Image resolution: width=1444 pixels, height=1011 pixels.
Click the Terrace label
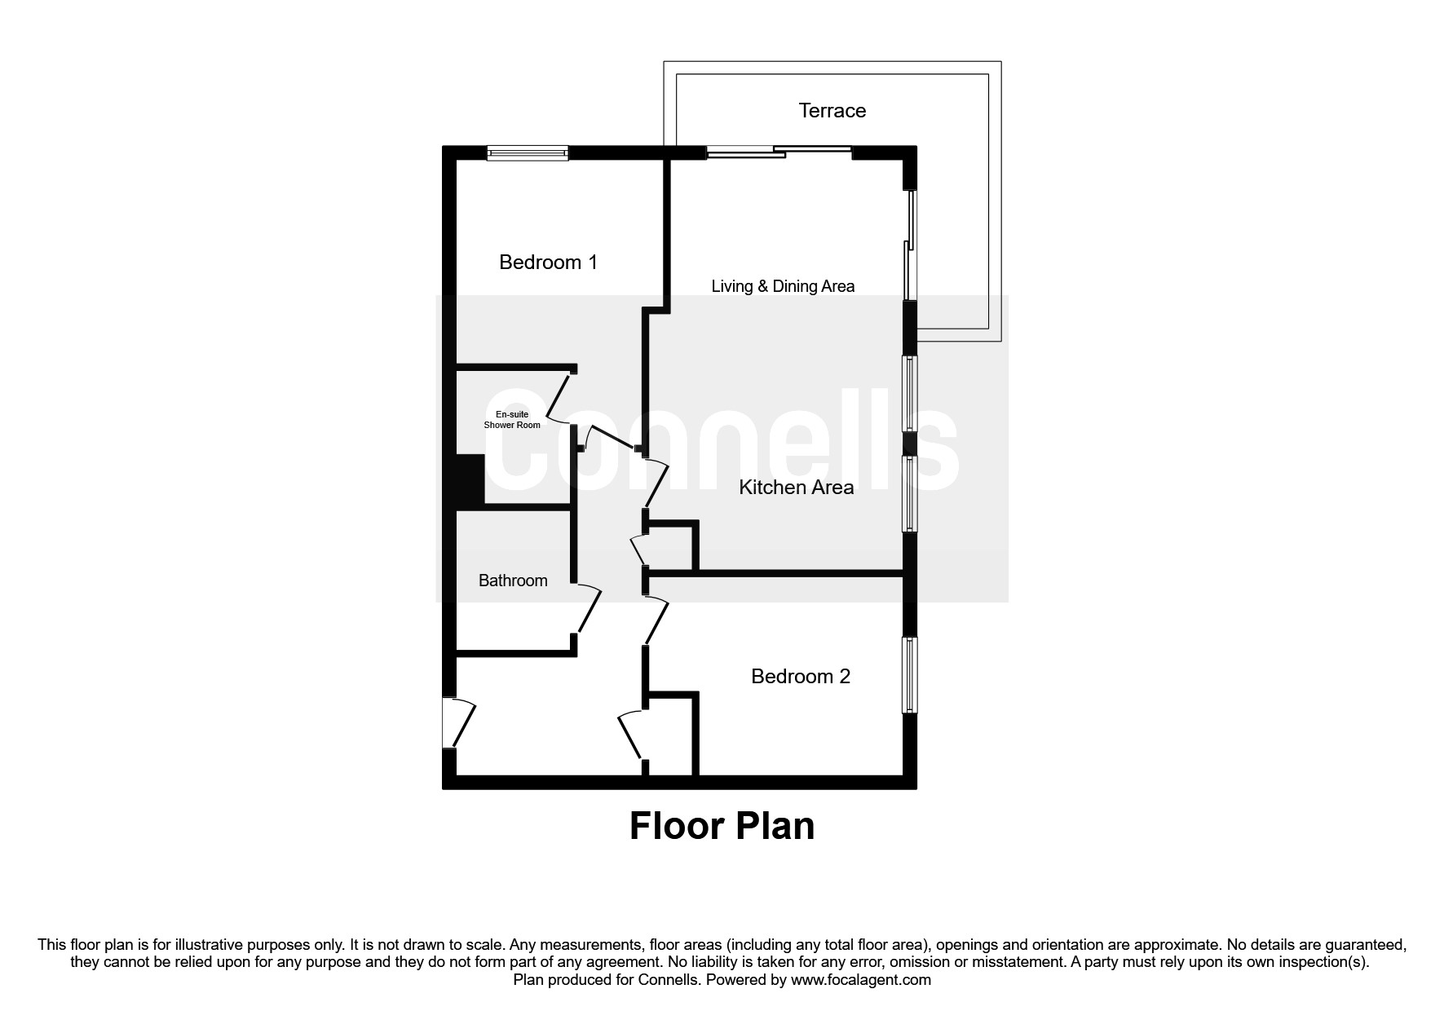coord(832,110)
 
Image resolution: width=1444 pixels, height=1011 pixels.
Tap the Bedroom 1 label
coord(548,262)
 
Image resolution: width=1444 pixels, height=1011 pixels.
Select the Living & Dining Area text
coord(783,286)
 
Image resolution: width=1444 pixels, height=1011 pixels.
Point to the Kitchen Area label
coord(796,488)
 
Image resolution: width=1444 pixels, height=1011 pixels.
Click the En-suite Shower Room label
coord(512,420)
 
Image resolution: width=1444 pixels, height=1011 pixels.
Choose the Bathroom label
coord(512,581)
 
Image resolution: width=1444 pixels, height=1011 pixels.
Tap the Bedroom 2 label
coord(800,676)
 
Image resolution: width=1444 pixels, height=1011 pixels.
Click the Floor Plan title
coord(722,826)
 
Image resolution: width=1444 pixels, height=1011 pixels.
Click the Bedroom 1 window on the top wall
coord(527,152)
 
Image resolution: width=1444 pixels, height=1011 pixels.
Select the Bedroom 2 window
coord(909,674)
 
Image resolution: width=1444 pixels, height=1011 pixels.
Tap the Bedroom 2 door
coord(656,621)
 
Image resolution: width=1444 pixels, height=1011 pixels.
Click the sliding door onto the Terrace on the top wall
coord(779,151)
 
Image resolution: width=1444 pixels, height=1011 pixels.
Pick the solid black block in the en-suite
coord(470,481)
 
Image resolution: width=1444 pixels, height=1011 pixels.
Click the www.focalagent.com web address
coord(860,980)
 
